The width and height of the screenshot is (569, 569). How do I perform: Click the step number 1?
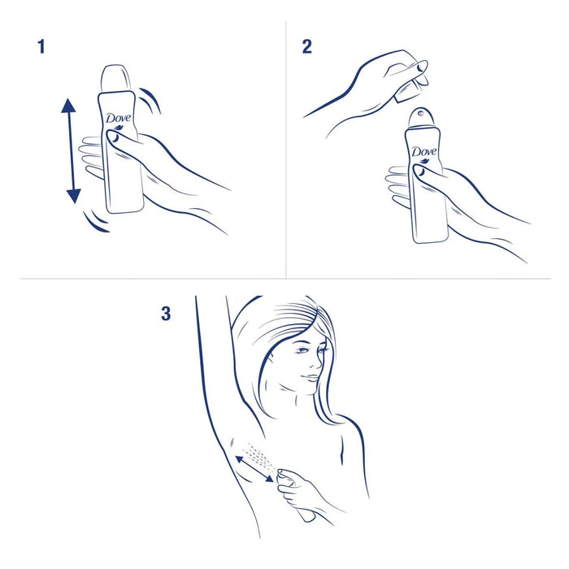point(41,46)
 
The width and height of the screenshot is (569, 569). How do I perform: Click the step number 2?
point(306,46)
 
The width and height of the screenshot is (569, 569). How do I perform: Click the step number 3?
point(166,313)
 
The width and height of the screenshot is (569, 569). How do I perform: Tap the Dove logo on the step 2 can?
point(423,153)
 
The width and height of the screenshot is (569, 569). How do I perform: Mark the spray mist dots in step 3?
point(262,453)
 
